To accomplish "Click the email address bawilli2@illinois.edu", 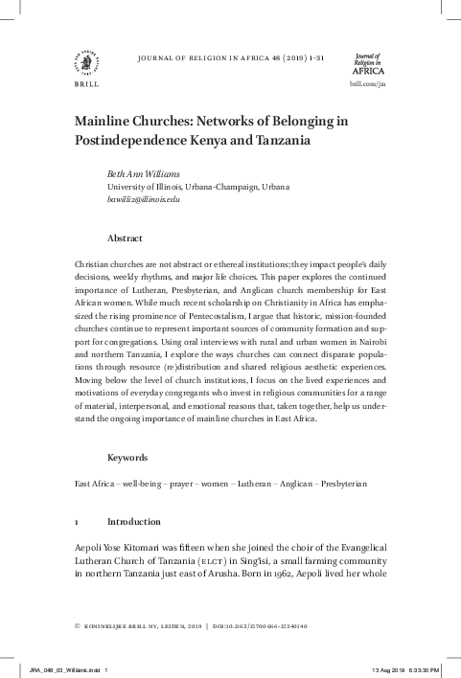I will point(144,199).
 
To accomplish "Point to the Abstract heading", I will point(126,237).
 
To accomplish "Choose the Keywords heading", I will point(128,458).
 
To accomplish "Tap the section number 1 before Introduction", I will point(77,522).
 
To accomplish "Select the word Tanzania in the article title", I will point(281,140).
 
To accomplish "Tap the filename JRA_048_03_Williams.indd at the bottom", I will point(63,670).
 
